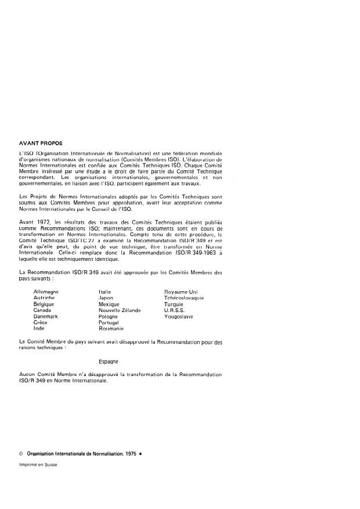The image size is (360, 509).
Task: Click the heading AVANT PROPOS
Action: coord(41,142)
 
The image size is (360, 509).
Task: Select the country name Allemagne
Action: coord(46,291)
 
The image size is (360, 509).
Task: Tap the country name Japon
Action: coord(106,297)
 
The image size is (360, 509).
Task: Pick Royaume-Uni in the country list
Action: coord(181,291)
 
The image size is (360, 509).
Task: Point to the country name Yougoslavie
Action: coord(179,317)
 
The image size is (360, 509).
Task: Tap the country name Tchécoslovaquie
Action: coord(184,297)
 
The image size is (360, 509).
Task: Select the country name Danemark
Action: coord(46,317)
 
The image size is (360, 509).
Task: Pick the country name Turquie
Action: coord(174,304)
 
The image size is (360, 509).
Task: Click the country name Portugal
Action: coord(109,322)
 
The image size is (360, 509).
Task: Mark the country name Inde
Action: coord(39,329)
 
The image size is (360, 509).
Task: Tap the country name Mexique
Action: coord(109,304)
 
